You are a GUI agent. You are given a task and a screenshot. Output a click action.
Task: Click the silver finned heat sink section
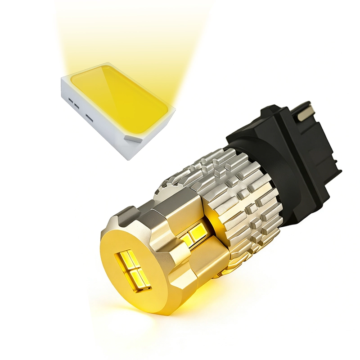coord(234,193)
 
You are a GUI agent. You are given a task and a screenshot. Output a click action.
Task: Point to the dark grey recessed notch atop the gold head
coord(128,211)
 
